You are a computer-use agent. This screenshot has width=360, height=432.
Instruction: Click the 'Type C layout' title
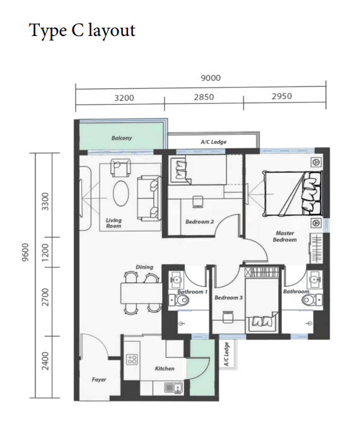[82, 30]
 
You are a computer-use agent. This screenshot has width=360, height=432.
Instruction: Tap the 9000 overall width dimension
[210, 78]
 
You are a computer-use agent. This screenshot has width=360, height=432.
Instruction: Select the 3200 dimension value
[124, 98]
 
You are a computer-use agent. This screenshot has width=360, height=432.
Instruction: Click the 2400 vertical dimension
[45, 366]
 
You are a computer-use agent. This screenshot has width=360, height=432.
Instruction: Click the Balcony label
[122, 138]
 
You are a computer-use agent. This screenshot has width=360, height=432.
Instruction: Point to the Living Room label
[113, 223]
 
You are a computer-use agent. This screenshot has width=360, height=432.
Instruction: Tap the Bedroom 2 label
[200, 221]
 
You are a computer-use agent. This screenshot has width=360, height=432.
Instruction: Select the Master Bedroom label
[284, 236]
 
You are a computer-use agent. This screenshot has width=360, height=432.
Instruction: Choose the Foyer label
[99, 380]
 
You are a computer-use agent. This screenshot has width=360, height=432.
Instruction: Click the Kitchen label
[165, 368]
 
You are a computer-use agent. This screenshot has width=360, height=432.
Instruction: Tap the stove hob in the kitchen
[132, 360]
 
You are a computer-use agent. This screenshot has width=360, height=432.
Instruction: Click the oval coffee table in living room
[121, 192]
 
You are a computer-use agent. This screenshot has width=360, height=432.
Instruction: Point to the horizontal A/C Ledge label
[213, 142]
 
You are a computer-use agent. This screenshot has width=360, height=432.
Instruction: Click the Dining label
[144, 267]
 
